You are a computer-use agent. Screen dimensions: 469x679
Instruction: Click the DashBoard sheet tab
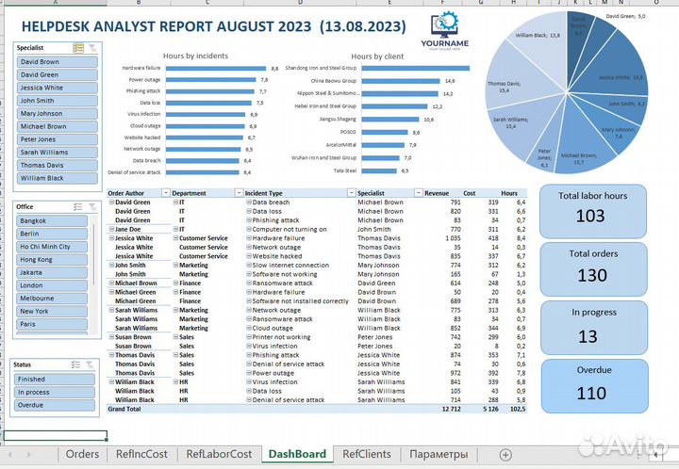tap(297, 454)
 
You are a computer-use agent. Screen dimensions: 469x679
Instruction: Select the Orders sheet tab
tap(82, 454)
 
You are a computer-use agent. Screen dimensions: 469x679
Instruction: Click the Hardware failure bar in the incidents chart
tap(207, 69)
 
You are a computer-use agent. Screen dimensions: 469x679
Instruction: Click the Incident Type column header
tap(273, 192)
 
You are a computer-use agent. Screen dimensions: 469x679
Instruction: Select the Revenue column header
tap(437, 192)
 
